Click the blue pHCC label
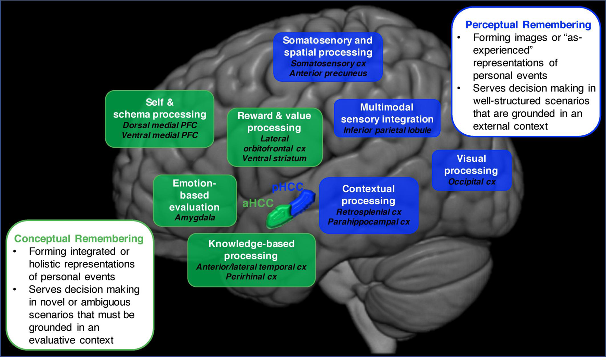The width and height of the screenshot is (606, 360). click(287, 187)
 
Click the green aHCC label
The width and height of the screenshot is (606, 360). click(258, 203)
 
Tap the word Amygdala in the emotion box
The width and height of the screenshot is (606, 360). click(195, 217)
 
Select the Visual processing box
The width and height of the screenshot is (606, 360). click(471, 170)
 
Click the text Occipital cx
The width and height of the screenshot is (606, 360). click(472, 182)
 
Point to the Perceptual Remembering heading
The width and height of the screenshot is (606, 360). click(528, 25)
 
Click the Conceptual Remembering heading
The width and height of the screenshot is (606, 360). click(79, 239)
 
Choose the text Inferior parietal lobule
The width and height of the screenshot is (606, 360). click(387, 130)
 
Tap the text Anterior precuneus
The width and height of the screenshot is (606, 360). click(328, 74)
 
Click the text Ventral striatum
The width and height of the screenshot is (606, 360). click(274, 159)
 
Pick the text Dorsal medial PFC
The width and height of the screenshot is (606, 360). click(160, 125)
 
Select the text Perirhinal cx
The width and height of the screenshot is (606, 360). click(251, 277)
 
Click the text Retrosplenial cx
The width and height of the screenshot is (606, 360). click(369, 212)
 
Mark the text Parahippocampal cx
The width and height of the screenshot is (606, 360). click(369, 222)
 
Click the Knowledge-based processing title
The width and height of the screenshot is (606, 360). click(251, 250)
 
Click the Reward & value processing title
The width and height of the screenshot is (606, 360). click(274, 121)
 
